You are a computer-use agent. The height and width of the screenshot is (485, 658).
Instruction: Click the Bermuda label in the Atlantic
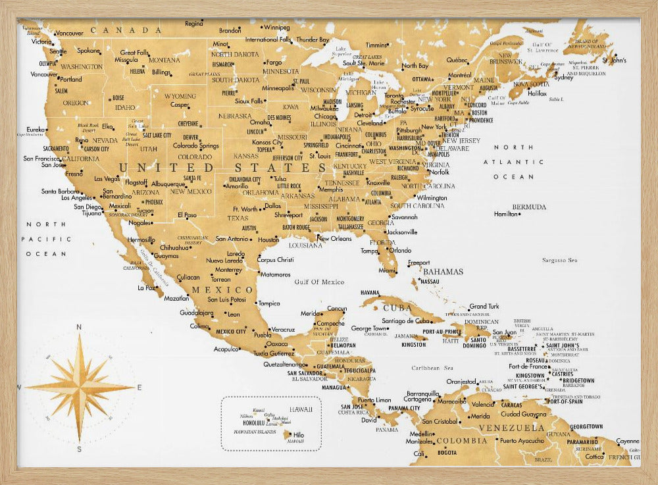529,207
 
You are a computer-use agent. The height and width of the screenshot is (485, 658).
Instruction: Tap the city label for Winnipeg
276,28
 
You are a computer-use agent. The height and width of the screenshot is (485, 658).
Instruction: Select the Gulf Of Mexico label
319,282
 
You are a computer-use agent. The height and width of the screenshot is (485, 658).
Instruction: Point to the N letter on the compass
79,327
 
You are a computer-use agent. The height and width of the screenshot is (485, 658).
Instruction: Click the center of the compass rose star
80,387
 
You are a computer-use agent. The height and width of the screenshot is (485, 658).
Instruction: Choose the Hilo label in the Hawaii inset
298,434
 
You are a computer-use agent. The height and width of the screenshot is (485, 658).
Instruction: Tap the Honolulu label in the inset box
253,422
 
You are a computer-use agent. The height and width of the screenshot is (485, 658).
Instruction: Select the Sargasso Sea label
559,260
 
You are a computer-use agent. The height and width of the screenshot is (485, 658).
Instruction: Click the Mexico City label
230,331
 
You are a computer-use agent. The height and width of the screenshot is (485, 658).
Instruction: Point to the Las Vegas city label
107,178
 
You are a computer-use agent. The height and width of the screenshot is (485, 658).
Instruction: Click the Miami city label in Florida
387,270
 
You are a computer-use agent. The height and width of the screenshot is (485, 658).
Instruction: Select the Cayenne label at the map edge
628,441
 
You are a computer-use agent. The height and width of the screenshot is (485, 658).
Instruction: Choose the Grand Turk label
484,306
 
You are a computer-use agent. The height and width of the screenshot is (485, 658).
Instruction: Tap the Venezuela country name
511,428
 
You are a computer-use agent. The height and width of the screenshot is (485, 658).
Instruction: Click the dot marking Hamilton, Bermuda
495,214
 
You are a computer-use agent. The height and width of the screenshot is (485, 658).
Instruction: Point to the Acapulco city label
226,349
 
